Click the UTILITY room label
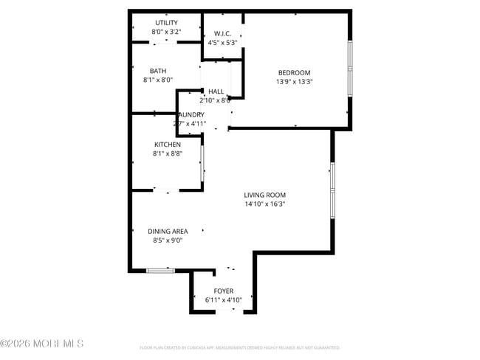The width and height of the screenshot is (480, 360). (166, 23)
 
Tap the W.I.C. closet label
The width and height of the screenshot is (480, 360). (222, 34)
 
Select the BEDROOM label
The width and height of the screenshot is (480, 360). (295, 72)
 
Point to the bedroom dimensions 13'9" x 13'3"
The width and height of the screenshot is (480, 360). (295, 82)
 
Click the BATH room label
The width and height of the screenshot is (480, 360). (158, 70)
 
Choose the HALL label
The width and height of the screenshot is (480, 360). (216, 91)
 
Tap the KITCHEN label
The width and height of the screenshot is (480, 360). (167, 145)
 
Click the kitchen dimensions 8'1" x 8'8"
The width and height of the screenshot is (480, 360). (167, 154)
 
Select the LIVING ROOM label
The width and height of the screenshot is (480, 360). (264, 195)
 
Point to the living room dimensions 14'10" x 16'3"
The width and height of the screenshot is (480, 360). (264, 204)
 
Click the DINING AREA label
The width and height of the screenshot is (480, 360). (168, 231)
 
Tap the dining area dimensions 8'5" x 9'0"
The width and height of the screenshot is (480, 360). (168, 240)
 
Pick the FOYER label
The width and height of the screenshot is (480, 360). (223, 291)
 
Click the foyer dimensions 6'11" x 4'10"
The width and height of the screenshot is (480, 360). (223, 300)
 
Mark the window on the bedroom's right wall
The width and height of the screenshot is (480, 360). (350, 68)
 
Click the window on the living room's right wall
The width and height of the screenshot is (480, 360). (333, 190)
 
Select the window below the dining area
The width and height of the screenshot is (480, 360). (160, 271)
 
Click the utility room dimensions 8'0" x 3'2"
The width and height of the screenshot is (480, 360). (166, 32)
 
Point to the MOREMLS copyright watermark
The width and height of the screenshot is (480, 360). (42, 344)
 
